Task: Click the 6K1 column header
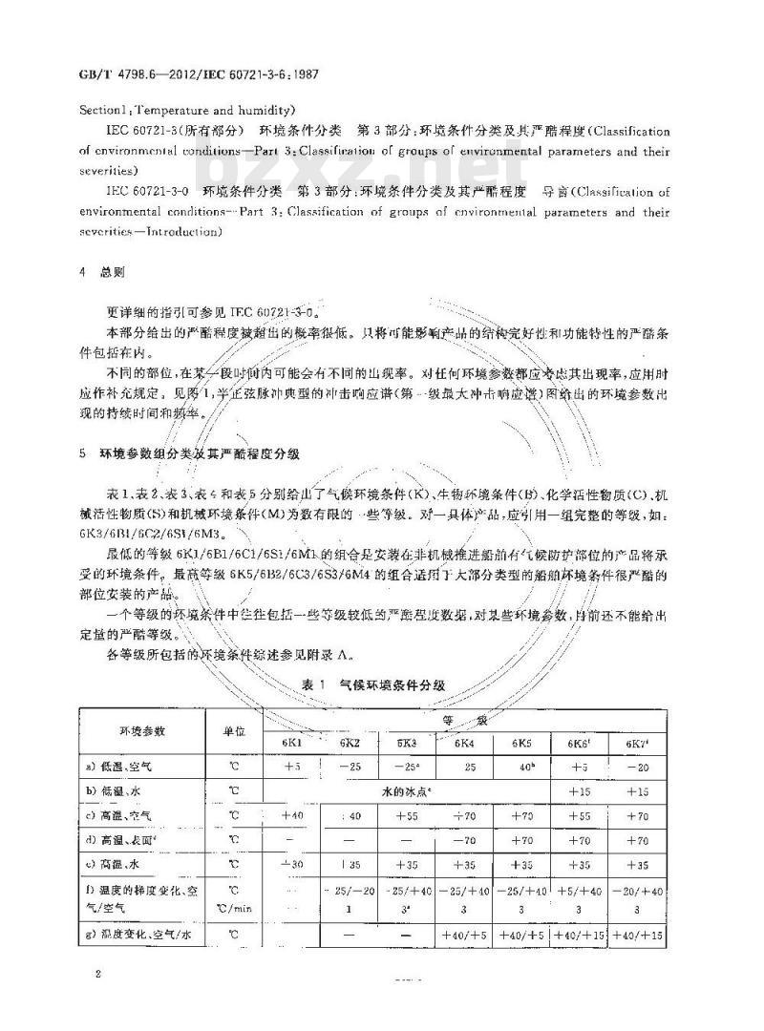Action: click(291, 742)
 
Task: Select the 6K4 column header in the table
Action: click(465, 742)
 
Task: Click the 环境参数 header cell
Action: click(142, 730)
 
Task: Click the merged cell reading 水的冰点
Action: click(405, 790)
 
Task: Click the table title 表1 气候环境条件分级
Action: click(381, 684)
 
